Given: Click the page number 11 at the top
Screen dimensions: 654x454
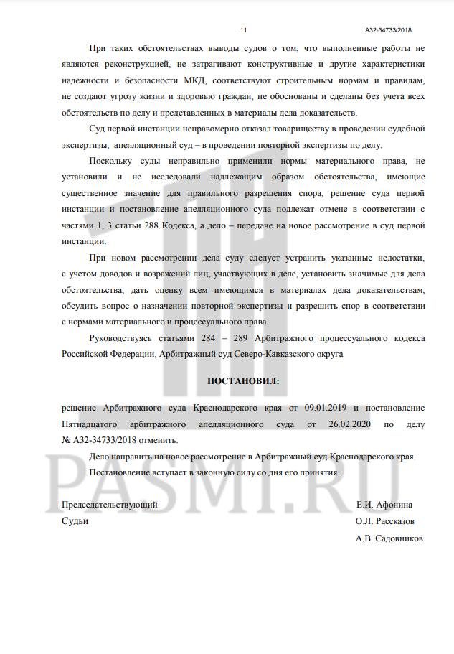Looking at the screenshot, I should point(243,29).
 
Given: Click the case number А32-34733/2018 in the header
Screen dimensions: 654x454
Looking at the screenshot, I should point(388,29).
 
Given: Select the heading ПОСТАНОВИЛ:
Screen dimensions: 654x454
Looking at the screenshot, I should point(244,380).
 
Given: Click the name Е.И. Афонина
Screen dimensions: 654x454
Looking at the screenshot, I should point(384,505).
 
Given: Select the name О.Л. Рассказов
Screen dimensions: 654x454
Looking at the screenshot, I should point(384,521).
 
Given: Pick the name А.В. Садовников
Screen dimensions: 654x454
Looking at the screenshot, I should point(389,538).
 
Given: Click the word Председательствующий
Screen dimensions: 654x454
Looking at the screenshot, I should point(110,505).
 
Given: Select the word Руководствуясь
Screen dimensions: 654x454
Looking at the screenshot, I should point(123,337).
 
